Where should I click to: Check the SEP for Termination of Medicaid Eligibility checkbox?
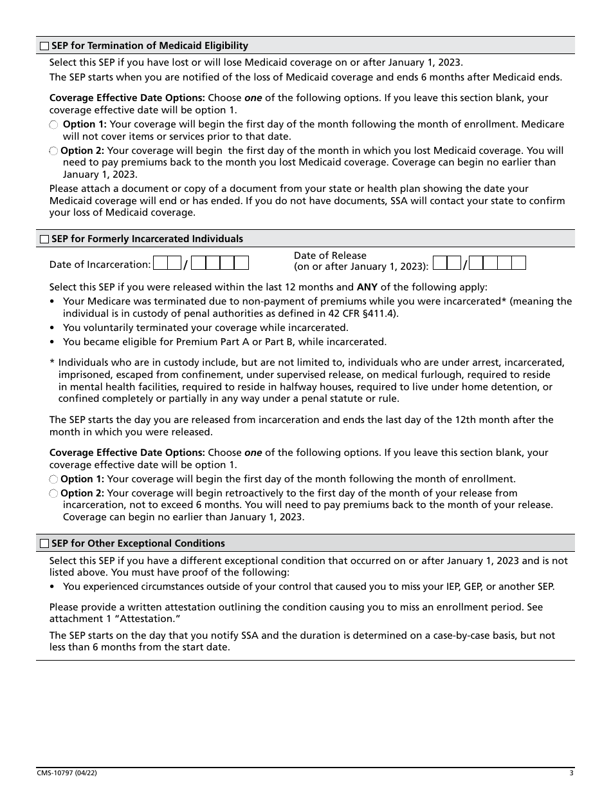click(x=44, y=46)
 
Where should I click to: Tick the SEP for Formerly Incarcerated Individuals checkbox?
click(x=44, y=239)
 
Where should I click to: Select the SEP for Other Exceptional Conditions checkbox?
click(x=44, y=543)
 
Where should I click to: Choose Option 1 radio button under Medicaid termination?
click(x=54, y=124)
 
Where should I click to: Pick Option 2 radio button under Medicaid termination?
click(x=54, y=151)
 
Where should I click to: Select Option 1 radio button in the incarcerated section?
click(x=54, y=479)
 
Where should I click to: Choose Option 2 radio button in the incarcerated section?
click(x=54, y=493)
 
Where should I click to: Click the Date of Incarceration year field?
click(x=220, y=263)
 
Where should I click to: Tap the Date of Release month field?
click(x=447, y=263)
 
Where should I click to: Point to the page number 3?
click(x=571, y=773)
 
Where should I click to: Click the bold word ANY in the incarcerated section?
click(x=367, y=287)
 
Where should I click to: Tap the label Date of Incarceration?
click(x=100, y=264)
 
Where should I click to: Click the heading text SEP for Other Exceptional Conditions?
click(x=138, y=543)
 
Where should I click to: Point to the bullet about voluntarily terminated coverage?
click(x=205, y=328)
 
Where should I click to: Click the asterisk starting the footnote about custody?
click(x=52, y=363)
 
